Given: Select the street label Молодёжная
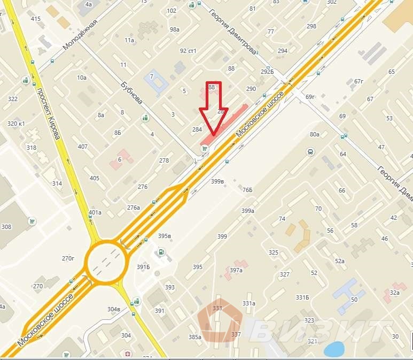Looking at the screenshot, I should (80, 35).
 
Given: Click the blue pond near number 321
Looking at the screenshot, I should (334, 349).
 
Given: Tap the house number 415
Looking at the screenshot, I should (36, 19).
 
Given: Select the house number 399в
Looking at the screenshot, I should (217, 181).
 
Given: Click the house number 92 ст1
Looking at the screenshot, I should (188, 51).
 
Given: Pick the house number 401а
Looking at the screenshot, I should (95, 212).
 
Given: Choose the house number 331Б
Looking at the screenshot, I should (303, 297).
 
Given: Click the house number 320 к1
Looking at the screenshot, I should (16, 124).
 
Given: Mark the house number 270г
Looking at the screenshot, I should (68, 258).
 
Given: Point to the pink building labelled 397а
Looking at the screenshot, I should (237, 269).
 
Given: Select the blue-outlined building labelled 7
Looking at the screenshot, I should (155, 81).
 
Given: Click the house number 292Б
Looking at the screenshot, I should (267, 72).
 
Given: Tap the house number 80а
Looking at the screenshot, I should (314, 134).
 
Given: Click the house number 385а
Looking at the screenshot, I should (194, 336).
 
